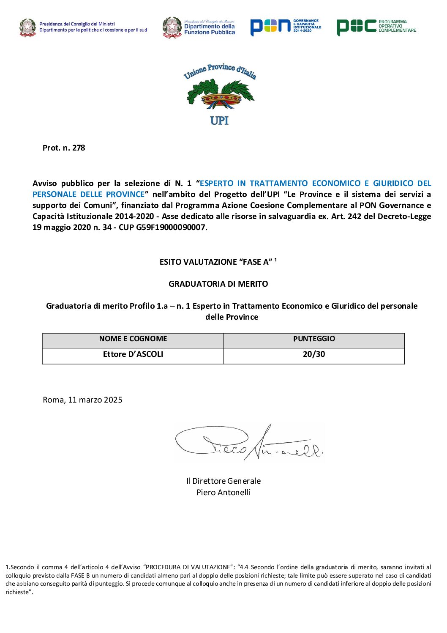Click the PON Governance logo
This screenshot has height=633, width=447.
285,27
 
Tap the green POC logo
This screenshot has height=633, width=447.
376,27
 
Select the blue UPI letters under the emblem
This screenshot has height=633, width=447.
219,121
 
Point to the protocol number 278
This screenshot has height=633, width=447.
79,148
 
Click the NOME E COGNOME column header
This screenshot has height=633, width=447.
133,339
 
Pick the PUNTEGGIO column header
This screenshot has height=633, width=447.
314,339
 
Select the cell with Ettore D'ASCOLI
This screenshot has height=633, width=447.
133,354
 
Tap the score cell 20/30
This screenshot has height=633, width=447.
314,354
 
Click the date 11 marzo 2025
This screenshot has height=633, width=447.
95,400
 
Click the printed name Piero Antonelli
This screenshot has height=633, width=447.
223,493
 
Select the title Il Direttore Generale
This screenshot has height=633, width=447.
223,481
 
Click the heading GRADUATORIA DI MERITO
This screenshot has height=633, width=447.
218,284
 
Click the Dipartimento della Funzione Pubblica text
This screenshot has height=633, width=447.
210,29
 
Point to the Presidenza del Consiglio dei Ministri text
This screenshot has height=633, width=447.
77,24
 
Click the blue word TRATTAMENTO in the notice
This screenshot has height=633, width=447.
278,184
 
